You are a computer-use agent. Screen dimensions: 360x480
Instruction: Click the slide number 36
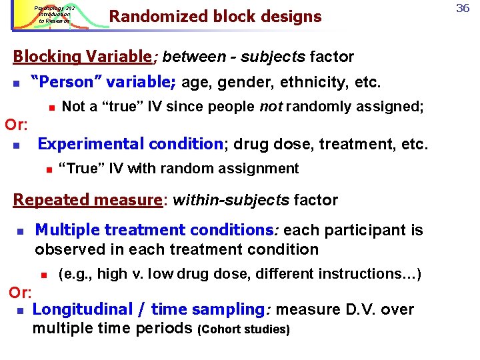[x=463, y=7]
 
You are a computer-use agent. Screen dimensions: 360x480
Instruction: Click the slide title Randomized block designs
[x=215, y=16]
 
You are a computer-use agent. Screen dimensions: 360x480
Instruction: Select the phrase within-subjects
[x=231, y=200]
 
